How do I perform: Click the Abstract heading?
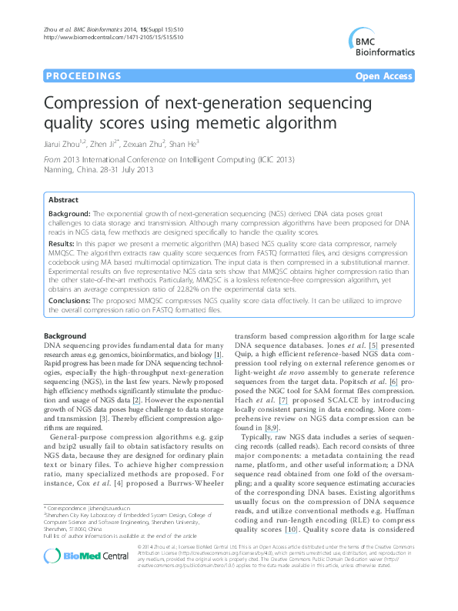(x=65, y=199)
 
